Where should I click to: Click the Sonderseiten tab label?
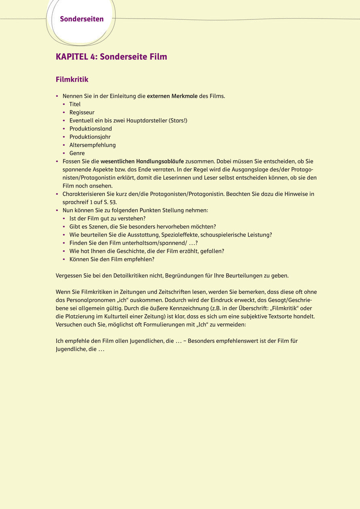pyautogui.click(x=82, y=19)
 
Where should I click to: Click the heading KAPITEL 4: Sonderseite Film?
pyautogui.click(x=111, y=57)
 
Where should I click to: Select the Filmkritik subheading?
pyautogui.click(x=72, y=79)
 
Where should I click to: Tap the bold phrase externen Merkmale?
pyautogui.click(x=172, y=96)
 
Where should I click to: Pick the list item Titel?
pyautogui.click(x=75, y=104)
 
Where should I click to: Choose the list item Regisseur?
pyautogui.click(x=82, y=112)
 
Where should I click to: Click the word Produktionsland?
pyautogui.click(x=91, y=129)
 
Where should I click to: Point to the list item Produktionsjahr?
pyautogui.click(x=90, y=137)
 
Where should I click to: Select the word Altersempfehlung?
pyautogui.click(x=93, y=145)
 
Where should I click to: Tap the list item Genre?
pyautogui.click(x=77, y=153)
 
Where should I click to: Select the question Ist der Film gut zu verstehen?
pyautogui.click(x=107, y=218)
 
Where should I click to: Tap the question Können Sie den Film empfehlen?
pyautogui.click(x=112, y=259)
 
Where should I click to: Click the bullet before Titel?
pyautogui.click(x=64, y=104)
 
